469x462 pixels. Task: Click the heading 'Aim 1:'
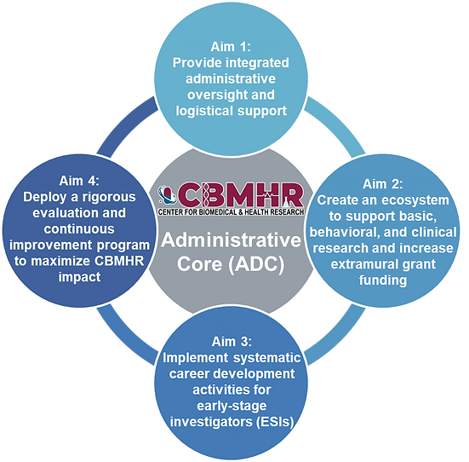231,47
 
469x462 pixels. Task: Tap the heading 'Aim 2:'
382,184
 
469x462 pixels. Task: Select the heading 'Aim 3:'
232,342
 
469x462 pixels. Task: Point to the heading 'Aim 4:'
79,181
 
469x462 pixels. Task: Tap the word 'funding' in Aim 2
383,280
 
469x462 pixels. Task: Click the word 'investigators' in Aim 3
211,422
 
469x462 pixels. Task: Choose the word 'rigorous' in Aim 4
109,198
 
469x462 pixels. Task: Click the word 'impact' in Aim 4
79,277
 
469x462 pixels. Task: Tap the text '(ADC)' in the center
256,264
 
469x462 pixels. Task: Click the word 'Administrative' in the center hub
231,240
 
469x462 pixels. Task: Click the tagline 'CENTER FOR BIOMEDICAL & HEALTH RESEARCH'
231,212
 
